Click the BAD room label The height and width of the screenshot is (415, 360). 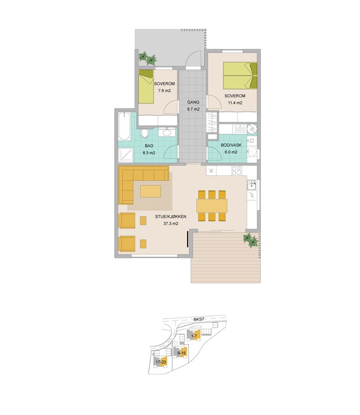pos(149,146)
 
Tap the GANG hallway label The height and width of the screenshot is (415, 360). pos(193,102)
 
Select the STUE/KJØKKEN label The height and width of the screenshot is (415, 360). pos(171,216)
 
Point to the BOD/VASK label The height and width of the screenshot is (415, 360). pos(231,145)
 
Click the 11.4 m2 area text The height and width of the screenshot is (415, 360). pos(235,103)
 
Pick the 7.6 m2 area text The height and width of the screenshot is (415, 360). pos(164,91)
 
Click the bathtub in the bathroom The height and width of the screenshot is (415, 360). pos(124,126)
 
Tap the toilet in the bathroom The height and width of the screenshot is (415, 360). pos(145,134)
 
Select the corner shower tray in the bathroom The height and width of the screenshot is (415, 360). pos(126,155)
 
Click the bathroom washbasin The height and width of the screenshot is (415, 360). pos(167,132)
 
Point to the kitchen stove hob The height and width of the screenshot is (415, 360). pos(236,170)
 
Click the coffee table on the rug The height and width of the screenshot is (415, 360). pos(151,191)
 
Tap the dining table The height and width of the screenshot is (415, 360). pos(212,206)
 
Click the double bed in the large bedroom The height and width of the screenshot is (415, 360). pos(240,75)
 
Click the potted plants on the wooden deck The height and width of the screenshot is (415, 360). pos(250,240)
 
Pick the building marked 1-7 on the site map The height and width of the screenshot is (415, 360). pos(194,336)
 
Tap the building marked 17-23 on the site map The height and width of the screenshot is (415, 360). pos(161,362)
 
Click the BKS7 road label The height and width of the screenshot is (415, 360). pos(199,319)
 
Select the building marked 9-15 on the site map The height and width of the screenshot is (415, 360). pos(181,352)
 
